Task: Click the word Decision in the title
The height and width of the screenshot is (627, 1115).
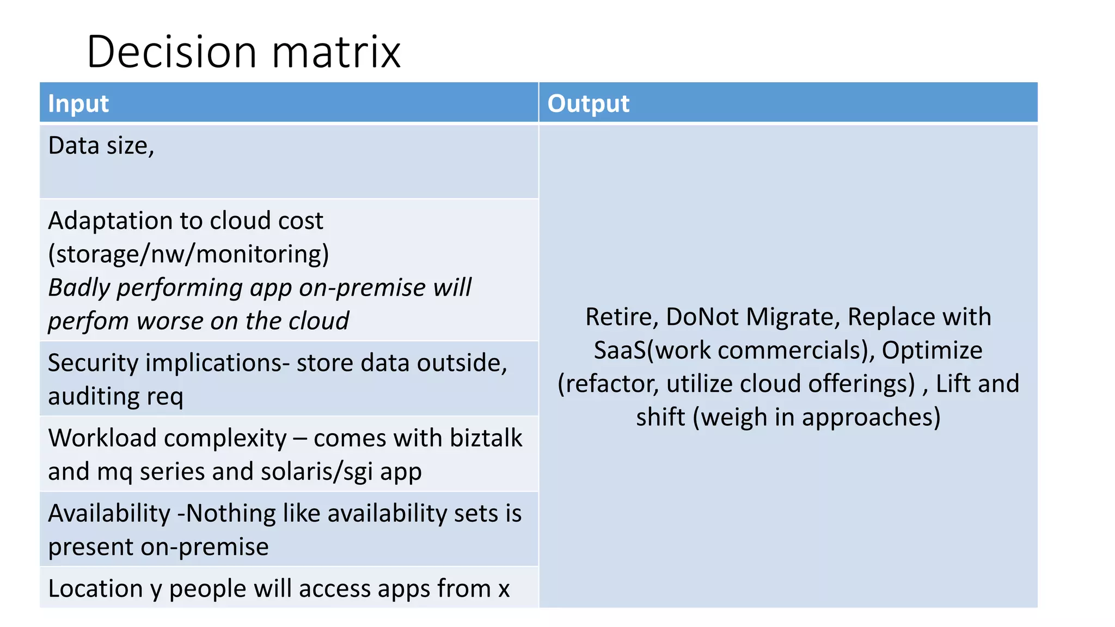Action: tap(171, 52)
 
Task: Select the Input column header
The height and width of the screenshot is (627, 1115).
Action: tap(78, 103)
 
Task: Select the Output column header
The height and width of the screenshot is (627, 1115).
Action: tap(588, 103)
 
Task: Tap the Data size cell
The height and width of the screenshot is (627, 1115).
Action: tap(101, 146)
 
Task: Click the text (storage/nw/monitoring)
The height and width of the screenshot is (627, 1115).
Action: tap(188, 254)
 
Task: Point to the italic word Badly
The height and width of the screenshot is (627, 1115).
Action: tap(79, 288)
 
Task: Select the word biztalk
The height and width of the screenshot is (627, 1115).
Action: tap(486, 438)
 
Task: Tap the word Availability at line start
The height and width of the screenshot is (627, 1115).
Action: tap(109, 513)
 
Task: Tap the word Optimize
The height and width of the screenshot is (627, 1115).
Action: tap(932, 351)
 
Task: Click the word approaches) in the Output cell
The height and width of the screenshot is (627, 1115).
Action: tap(871, 417)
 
